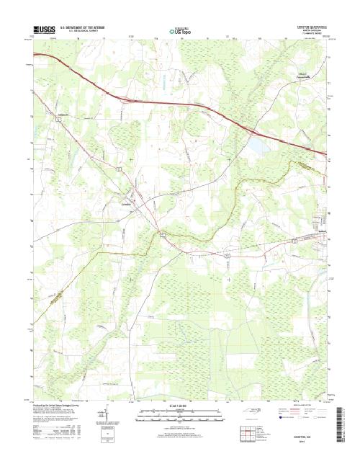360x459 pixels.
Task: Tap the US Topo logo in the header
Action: [x=179, y=31]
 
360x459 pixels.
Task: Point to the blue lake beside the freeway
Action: [x=254, y=148]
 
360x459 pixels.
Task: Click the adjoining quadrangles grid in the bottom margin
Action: [x=246, y=432]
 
